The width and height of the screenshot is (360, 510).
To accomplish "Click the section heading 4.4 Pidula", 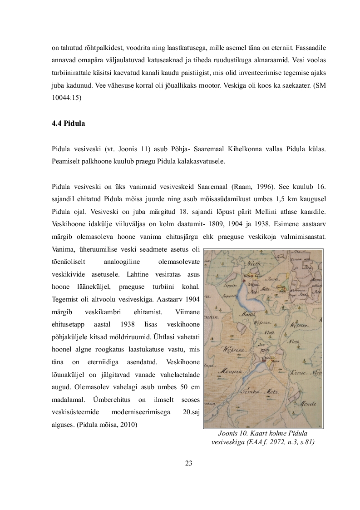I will tap(68, 123).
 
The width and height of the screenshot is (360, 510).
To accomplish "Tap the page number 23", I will tap(189, 463).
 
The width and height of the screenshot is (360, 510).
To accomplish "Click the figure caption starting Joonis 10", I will tap(263, 437).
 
